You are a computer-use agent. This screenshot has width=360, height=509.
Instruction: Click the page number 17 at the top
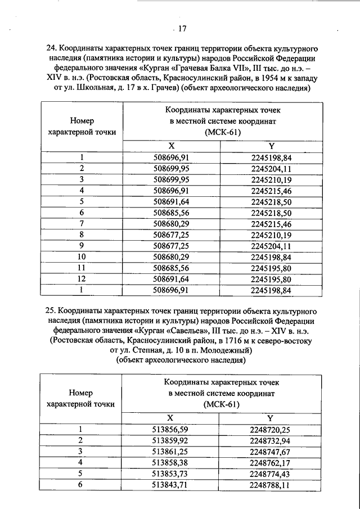182,29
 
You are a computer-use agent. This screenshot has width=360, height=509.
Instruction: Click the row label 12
82,280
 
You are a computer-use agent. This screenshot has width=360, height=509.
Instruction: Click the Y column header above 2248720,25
271,418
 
